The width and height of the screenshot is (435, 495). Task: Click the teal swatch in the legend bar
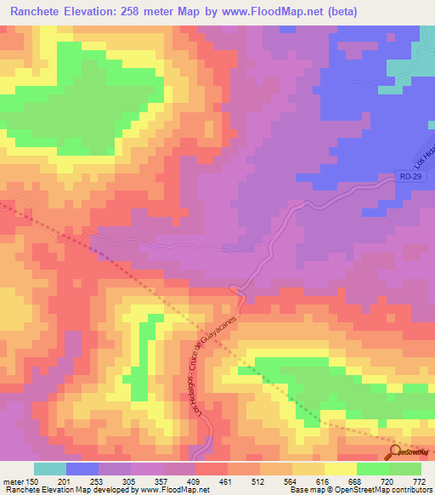pyautogui.click(x=50, y=469)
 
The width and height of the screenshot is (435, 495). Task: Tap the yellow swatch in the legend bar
pyautogui.click(x=341, y=469)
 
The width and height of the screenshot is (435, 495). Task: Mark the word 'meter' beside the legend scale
pyautogui.click(x=14, y=481)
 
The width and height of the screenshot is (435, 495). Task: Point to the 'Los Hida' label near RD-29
pyautogui.click(x=423, y=153)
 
